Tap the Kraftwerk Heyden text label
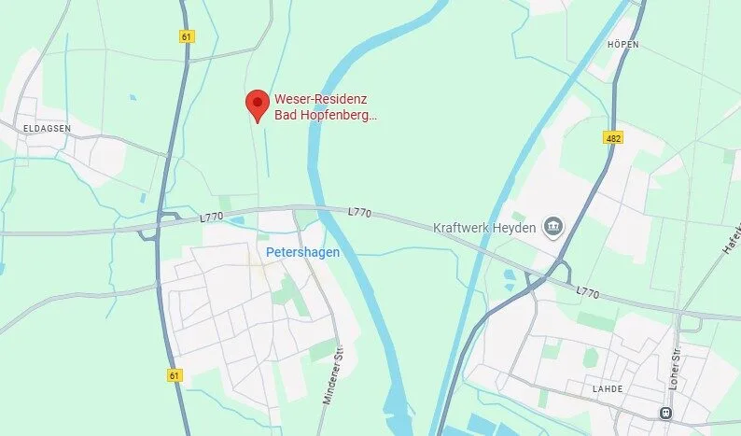(x=484, y=228)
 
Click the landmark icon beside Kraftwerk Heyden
(x=553, y=227)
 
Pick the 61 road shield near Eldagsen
(x=188, y=36)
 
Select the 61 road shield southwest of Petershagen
(x=175, y=375)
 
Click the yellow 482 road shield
(x=612, y=137)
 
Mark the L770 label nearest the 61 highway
(x=213, y=218)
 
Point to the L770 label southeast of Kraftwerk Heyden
(x=587, y=291)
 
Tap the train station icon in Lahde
(x=666, y=413)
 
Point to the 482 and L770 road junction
(x=539, y=280)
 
